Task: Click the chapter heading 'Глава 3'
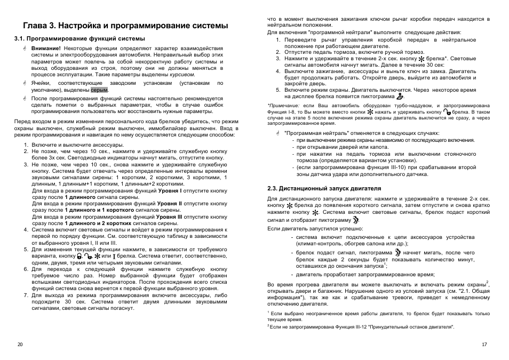[x=40, y=26]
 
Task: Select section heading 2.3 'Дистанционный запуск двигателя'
[x=316, y=188]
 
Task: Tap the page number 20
[x=20, y=345]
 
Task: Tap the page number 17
[x=484, y=345]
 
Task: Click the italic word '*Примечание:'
[x=283, y=106]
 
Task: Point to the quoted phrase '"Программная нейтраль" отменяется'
[x=325, y=133]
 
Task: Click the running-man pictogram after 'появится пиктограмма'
[x=398, y=97]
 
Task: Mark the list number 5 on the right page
[x=278, y=90]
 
